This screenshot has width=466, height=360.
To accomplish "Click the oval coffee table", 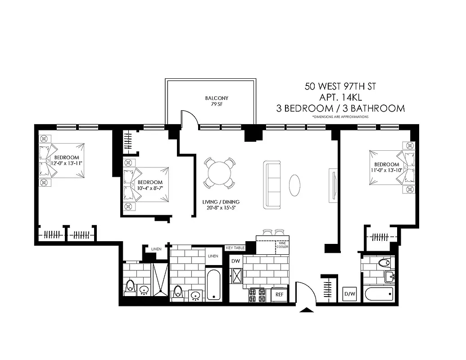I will pos(295,184).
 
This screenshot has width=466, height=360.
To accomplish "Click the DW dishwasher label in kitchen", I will pos(235,261).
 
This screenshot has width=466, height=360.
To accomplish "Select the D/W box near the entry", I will pos(349,294).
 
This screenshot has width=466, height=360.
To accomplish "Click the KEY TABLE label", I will pos(235,248).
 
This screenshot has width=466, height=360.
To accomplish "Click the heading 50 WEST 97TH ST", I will pos(340,85).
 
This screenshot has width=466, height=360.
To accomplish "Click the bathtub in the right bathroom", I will pos(379,294).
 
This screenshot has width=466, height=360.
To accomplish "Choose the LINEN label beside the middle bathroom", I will pos(213,256).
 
